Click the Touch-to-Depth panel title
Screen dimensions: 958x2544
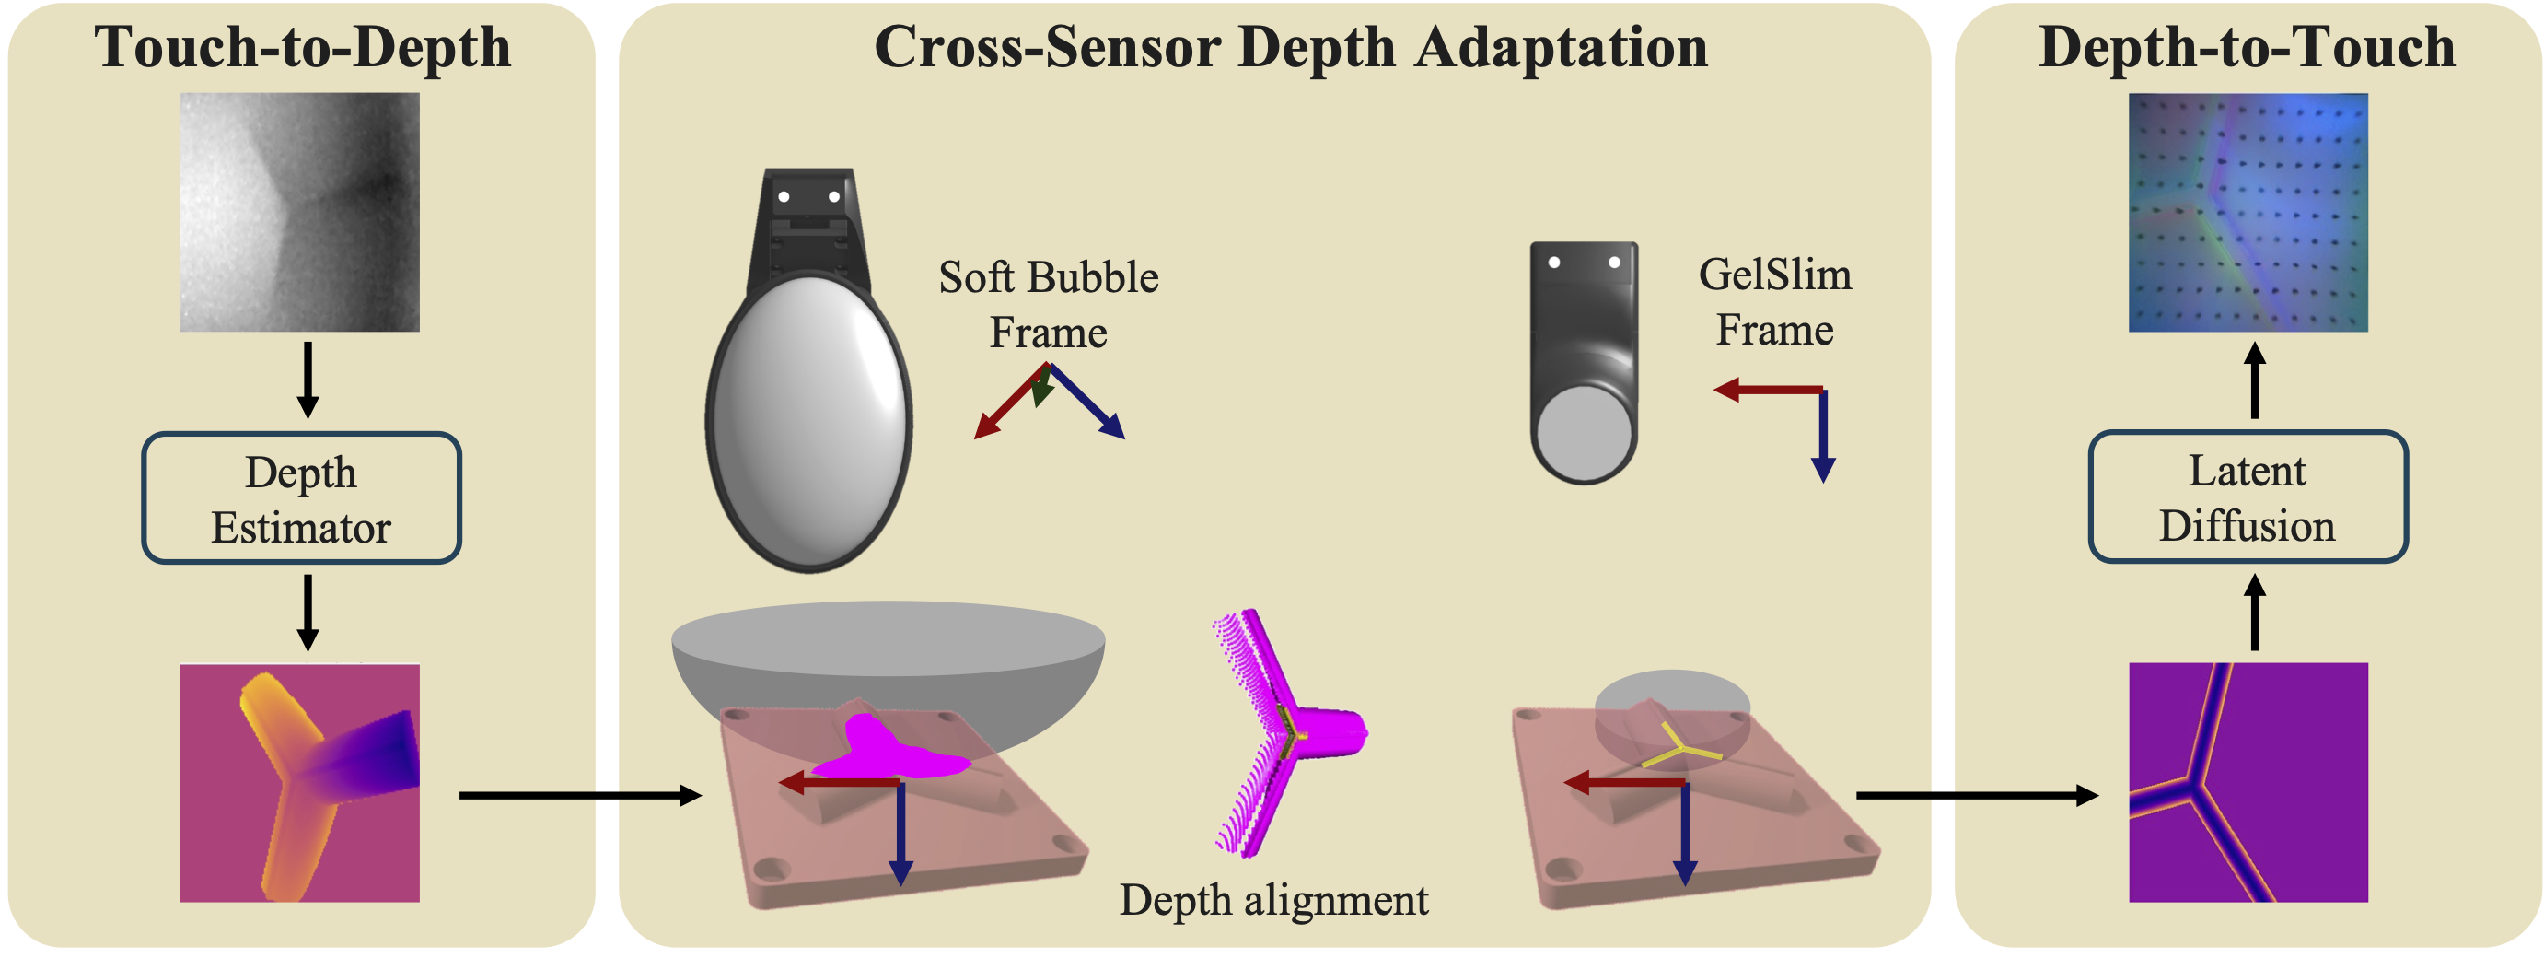click(302, 47)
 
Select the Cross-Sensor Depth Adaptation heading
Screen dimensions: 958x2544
click(1290, 47)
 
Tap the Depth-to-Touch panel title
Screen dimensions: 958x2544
click(2247, 47)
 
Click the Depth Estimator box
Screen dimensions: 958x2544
click(301, 498)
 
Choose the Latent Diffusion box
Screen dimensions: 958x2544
click(2248, 497)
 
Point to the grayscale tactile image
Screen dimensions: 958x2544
click(300, 213)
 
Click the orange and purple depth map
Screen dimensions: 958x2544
click(300, 782)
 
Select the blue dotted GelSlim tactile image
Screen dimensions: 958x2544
click(2248, 213)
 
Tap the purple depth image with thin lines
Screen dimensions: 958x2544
click(2248, 782)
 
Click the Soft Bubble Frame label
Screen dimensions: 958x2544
click(1048, 304)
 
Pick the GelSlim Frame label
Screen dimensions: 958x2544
click(1774, 301)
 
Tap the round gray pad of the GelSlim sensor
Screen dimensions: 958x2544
click(1583, 433)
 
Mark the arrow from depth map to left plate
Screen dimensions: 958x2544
click(580, 795)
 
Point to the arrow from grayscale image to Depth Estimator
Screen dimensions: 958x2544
click(308, 380)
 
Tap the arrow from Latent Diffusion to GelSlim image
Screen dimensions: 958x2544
click(2255, 380)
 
